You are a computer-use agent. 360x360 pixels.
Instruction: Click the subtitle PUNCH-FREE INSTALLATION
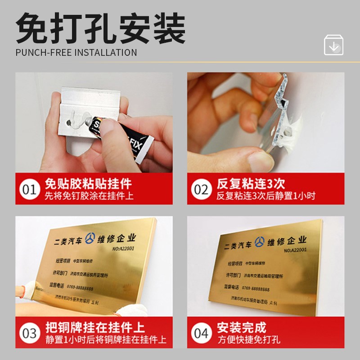(76, 52)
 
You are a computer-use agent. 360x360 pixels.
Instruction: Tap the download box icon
(333, 45)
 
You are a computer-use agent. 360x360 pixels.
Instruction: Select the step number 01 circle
(30, 189)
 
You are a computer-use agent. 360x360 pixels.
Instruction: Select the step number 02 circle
(201, 189)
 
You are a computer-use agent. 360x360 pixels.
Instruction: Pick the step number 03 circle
(30, 333)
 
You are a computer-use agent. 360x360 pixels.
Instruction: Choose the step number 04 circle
(201, 333)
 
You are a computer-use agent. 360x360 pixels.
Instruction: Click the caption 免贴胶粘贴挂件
(88, 184)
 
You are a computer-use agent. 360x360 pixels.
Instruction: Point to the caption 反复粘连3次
(251, 184)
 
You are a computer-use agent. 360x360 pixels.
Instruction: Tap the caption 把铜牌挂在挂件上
(94, 327)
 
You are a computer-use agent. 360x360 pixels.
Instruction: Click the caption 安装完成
(241, 327)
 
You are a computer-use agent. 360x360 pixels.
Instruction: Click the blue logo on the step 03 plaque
(91, 238)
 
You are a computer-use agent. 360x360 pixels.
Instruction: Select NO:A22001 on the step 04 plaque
(292, 251)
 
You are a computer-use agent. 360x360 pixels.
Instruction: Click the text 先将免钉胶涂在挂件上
(89, 196)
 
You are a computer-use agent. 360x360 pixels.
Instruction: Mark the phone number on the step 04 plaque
(254, 288)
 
